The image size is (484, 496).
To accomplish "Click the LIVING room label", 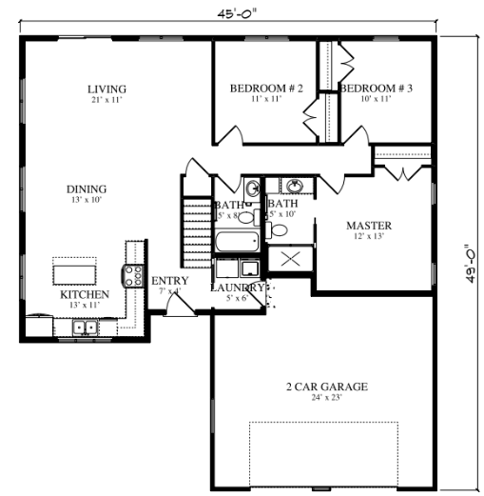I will [x=107, y=89].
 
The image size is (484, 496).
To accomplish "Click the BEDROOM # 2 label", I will [x=266, y=89].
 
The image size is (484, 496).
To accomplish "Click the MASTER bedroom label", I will [x=369, y=226].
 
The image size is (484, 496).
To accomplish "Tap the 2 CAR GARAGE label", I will [x=327, y=387].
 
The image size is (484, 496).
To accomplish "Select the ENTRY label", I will [x=169, y=281].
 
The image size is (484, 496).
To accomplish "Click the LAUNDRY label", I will [x=237, y=287].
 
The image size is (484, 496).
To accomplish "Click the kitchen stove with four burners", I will [x=132, y=254].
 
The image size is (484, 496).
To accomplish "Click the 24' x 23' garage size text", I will [x=327, y=398].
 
